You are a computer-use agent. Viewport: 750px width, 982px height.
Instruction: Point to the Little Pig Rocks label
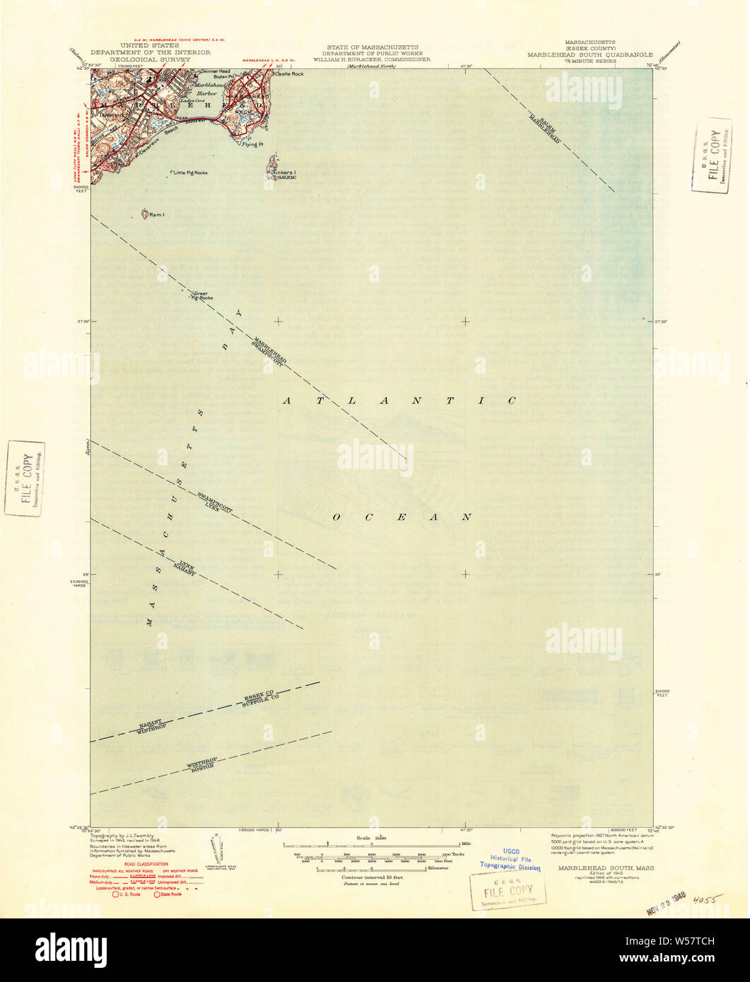[192, 172]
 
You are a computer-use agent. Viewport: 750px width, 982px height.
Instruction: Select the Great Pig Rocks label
[202, 296]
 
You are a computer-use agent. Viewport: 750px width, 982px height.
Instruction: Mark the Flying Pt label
[252, 145]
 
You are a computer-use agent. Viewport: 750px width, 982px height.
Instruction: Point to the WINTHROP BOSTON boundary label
[201, 768]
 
